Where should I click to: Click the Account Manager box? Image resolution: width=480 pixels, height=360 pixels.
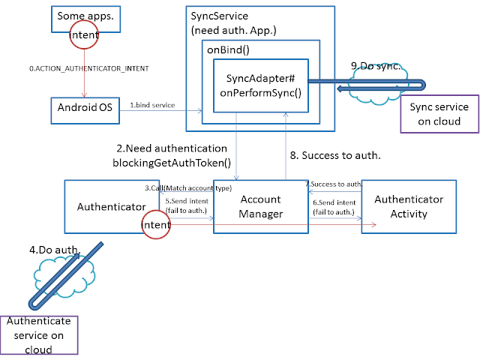point(260,206)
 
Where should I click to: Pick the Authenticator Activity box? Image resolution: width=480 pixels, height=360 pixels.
point(408,206)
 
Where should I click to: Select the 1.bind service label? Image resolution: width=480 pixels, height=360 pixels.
point(152,105)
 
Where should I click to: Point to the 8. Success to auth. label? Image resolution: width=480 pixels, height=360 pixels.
point(334,156)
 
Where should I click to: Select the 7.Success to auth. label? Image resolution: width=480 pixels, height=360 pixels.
point(334,184)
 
